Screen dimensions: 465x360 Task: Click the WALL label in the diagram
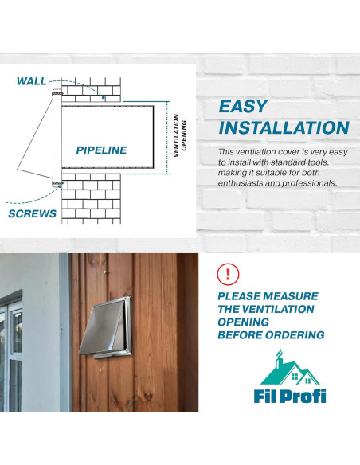pyautogui.click(x=32, y=81)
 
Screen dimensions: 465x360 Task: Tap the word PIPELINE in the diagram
pyautogui.click(x=101, y=150)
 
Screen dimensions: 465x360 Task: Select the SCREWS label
pyautogui.click(x=33, y=213)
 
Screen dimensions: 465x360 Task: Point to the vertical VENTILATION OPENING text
pyautogui.click(x=179, y=128)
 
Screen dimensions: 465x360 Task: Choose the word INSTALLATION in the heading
pyautogui.click(x=284, y=128)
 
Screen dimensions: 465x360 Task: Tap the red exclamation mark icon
pyautogui.click(x=229, y=275)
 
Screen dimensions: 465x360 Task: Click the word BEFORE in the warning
pyautogui.click(x=240, y=335)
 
